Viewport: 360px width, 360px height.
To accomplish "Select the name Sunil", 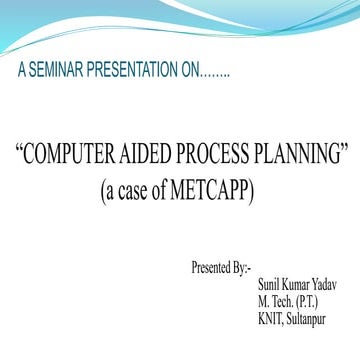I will click(269, 285).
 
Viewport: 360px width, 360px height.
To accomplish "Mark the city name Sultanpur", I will click(312, 319).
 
